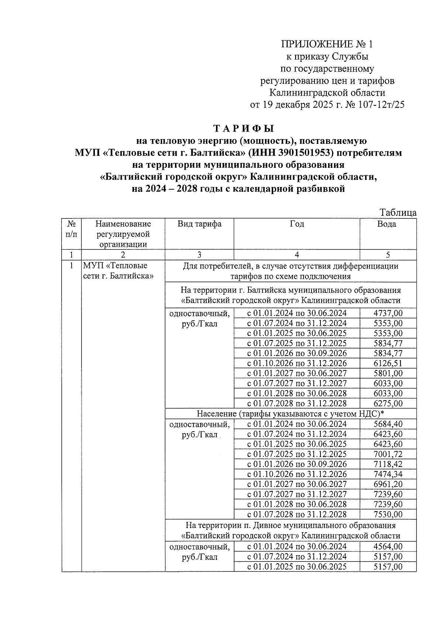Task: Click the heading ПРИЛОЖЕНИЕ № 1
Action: coord(327,45)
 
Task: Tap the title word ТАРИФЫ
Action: coord(244,129)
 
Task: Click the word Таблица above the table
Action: coord(398,213)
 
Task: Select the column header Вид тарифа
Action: coord(199,224)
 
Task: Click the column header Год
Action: coord(297,224)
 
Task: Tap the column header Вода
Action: coord(387,224)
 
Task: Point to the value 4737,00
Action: coord(388,314)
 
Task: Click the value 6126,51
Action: coord(388,363)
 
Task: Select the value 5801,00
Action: coord(388,373)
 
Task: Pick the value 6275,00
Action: coord(388,403)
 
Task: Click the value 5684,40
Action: coord(388,424)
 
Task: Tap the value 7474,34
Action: coord(388,474)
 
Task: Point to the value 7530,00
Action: coord(388,514)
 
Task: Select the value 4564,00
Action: coord(388,547)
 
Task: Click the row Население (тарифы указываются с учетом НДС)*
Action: coord(291,414)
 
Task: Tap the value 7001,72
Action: coord(388,454)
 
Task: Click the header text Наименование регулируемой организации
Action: coord(123,234)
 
